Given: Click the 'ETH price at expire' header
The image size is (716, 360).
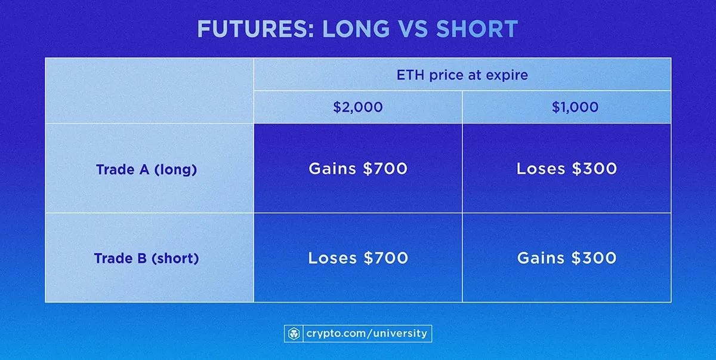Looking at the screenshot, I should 462,75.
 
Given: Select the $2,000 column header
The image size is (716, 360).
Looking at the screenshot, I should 358,107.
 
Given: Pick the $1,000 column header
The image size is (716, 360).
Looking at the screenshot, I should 566,107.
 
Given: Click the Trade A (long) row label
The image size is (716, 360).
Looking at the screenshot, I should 146,169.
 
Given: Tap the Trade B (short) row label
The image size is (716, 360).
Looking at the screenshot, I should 146,259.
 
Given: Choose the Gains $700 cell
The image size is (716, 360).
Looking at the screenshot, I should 358,169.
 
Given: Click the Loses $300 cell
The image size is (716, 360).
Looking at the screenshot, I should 566,169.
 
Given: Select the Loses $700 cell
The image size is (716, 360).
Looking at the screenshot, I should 358,258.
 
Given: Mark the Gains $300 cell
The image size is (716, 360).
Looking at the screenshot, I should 566,258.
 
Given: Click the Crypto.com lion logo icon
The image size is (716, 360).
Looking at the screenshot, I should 294,333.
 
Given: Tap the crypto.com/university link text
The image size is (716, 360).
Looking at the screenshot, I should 366,333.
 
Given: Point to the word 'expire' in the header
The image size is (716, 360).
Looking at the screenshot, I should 510,76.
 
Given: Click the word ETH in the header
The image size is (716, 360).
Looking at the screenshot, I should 408,75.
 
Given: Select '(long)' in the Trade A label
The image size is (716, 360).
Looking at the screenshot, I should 175,169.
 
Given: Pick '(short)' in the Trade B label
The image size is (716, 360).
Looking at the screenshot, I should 176,259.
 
